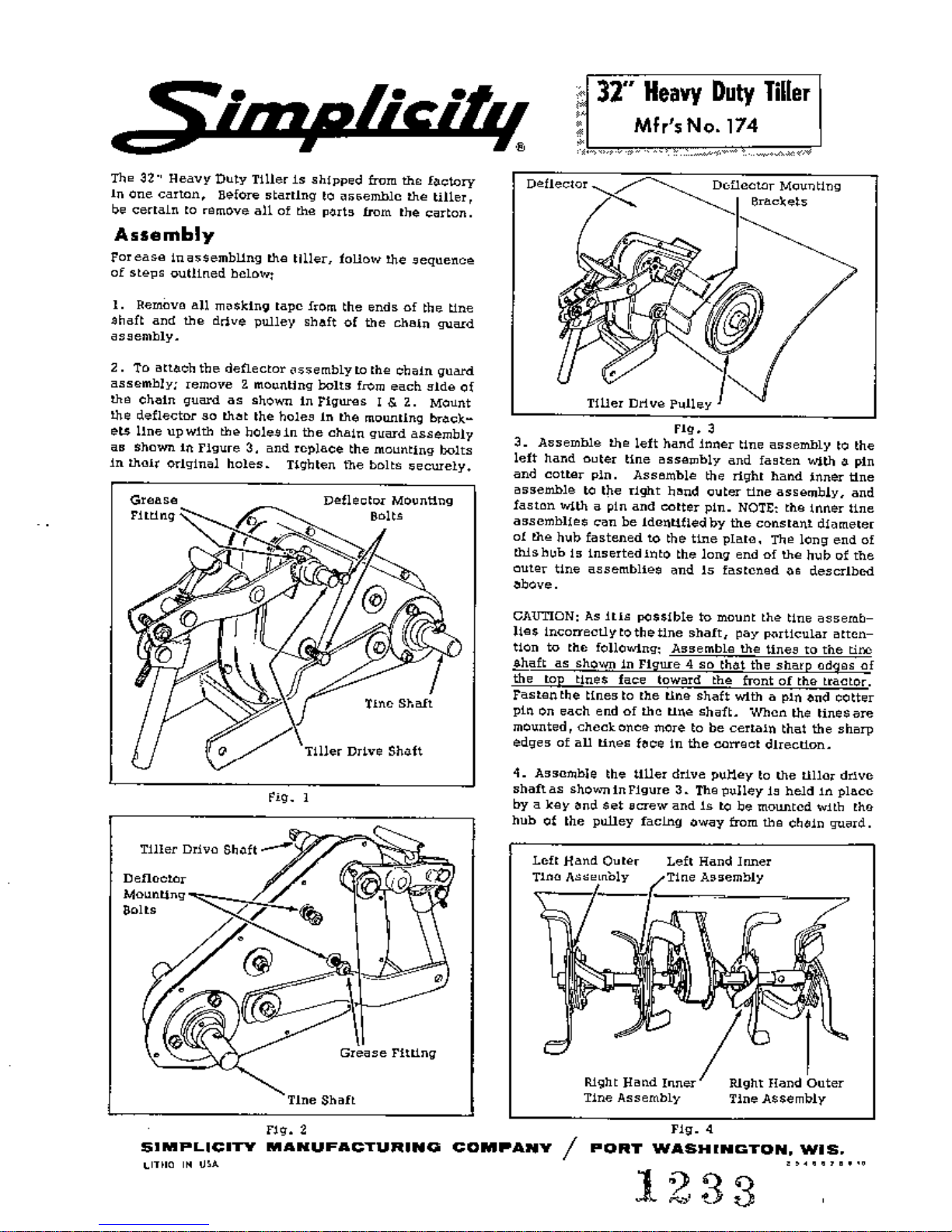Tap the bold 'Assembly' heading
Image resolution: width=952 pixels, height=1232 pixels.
tap(164, 234)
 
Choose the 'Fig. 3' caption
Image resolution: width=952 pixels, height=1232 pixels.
tap(694, 427)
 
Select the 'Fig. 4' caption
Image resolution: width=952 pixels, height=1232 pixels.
tap(692, 1129)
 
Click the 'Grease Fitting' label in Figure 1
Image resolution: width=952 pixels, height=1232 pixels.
tap(154, 507)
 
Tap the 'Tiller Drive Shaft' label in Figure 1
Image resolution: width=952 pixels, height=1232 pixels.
tap(363, 751)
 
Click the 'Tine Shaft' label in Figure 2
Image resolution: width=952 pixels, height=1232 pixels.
tap(320, 1100)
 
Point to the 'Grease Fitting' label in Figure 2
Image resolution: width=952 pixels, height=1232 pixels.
tap(388, 1053)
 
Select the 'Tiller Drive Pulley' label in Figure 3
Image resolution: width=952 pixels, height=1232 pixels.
tap(649, 404)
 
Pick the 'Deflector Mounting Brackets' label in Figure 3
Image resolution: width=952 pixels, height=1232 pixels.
tap(776, 194)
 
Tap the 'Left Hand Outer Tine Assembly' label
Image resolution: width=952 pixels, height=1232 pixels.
tap(584, 869)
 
